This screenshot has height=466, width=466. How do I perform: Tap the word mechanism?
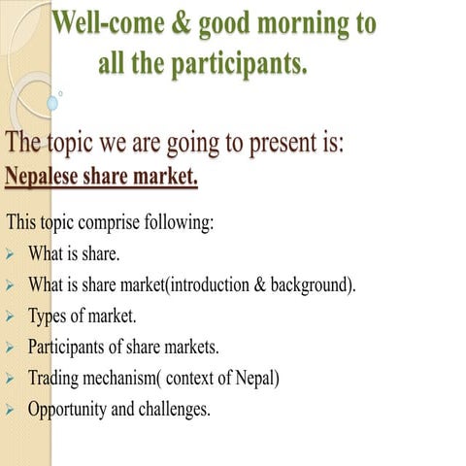[115, 378]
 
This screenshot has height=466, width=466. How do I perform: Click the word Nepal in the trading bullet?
[256, 378]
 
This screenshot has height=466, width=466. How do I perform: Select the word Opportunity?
[67, 409]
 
